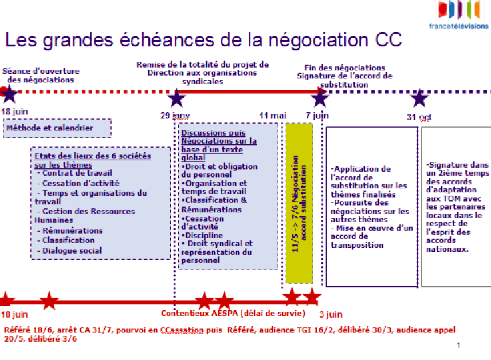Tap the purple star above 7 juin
(x=319, y=98)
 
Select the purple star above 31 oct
(x=419, y=98)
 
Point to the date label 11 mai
(x=272, y=116)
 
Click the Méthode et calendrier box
(x=57, y=128)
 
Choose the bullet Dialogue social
(x=72, y=250)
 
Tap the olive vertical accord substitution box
(x=299, y=203)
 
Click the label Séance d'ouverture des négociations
(x=41, y=76)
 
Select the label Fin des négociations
(x=345, y=68)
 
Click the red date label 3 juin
(x=331, y=314)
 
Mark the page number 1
(x=458, y=345)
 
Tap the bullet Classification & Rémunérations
(x=215, y=205)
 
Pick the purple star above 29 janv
(x=177, y=98)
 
